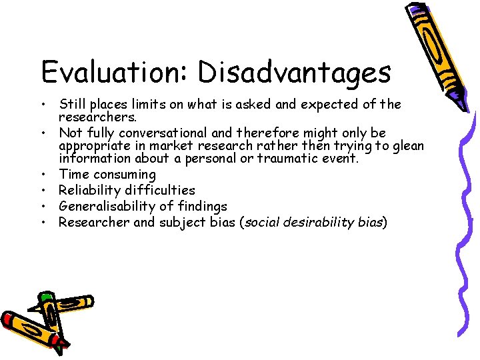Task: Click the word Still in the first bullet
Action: pos(73,104)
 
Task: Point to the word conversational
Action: pos(183,133)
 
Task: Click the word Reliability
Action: pos(91,191)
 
